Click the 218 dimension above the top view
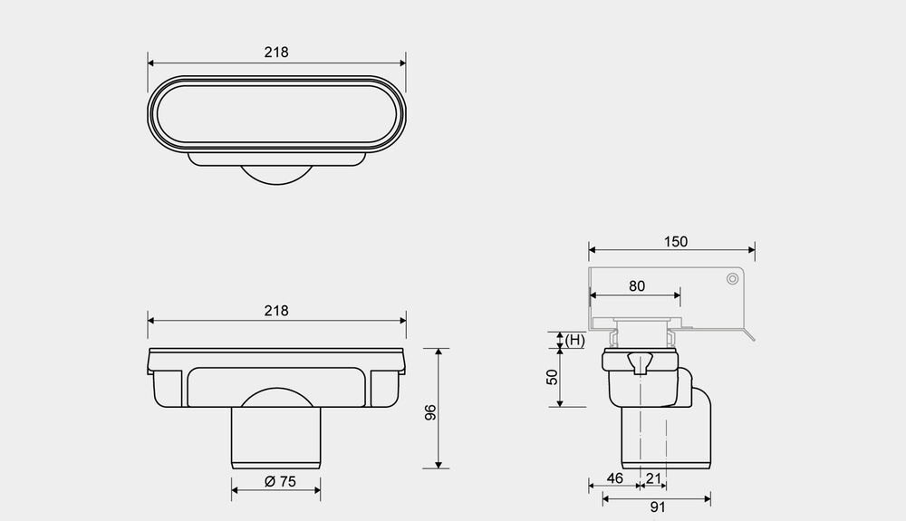[276, 53]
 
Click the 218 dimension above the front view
[276, 311]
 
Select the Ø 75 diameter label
[280, 481]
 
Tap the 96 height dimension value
[430, 412]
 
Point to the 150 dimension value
[676, 241]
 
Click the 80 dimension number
[637, 286]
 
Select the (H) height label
[574, 340]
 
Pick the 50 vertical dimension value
[553, 377]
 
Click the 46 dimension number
[615, 478]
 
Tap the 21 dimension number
[653, 478]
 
